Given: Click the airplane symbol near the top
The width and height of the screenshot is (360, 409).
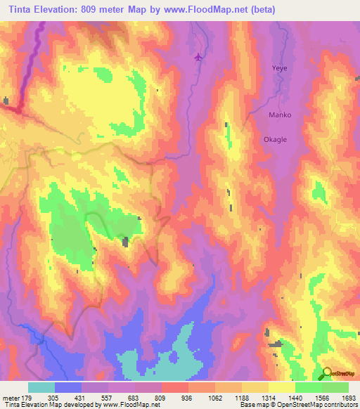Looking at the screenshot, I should click(199, 57).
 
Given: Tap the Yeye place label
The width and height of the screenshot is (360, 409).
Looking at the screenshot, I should click(280, 69).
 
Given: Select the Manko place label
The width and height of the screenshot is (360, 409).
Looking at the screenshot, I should click(280, 115).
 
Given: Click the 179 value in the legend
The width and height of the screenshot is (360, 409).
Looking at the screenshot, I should click(28, 397).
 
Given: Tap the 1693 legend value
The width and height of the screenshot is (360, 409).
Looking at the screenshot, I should click(348, 397).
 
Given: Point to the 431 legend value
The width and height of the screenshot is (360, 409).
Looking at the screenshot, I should click(82, 397).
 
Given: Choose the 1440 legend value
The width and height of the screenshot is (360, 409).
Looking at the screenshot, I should click(295, 397).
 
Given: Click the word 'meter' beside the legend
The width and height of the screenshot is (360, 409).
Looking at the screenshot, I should click(11, 397).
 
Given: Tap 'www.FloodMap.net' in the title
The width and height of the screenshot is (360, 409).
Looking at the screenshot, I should click(219, 10).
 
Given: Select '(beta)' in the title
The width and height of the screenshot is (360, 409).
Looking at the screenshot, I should click(266, 10).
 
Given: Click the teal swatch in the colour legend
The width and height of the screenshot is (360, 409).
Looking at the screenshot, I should click(41, 387).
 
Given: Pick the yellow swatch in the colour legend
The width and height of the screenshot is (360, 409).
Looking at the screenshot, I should click(281, 387).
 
